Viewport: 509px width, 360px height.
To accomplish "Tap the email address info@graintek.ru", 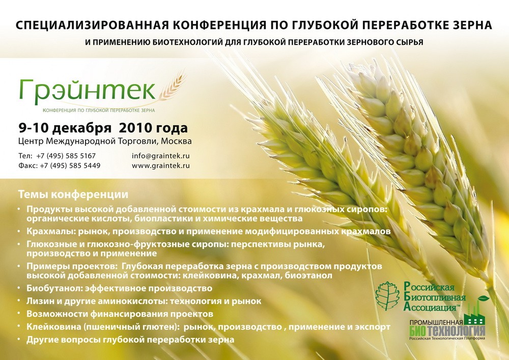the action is coord(161,156).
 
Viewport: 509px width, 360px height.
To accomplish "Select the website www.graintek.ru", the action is coord(161,165).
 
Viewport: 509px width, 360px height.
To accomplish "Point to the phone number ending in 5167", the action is coord(66,156).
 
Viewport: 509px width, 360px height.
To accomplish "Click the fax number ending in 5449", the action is coord(70,165).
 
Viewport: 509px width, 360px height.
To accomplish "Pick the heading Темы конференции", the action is coord(73,195).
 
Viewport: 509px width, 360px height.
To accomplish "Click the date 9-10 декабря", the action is coord(65,128).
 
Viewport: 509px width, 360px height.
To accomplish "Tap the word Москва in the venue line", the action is coord(176,141).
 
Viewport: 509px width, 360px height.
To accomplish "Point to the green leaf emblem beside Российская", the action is coord(387,296).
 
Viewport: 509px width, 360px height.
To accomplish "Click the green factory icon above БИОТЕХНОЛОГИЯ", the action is coord(474,314).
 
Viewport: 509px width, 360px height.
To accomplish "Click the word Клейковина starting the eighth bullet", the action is coord(53,327).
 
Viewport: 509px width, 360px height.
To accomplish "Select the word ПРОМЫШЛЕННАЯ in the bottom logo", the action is coord(436,323).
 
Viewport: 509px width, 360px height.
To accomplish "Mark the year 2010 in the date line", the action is coord(135,128).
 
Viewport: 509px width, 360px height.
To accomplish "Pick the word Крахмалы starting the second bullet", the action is coord(51,232).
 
